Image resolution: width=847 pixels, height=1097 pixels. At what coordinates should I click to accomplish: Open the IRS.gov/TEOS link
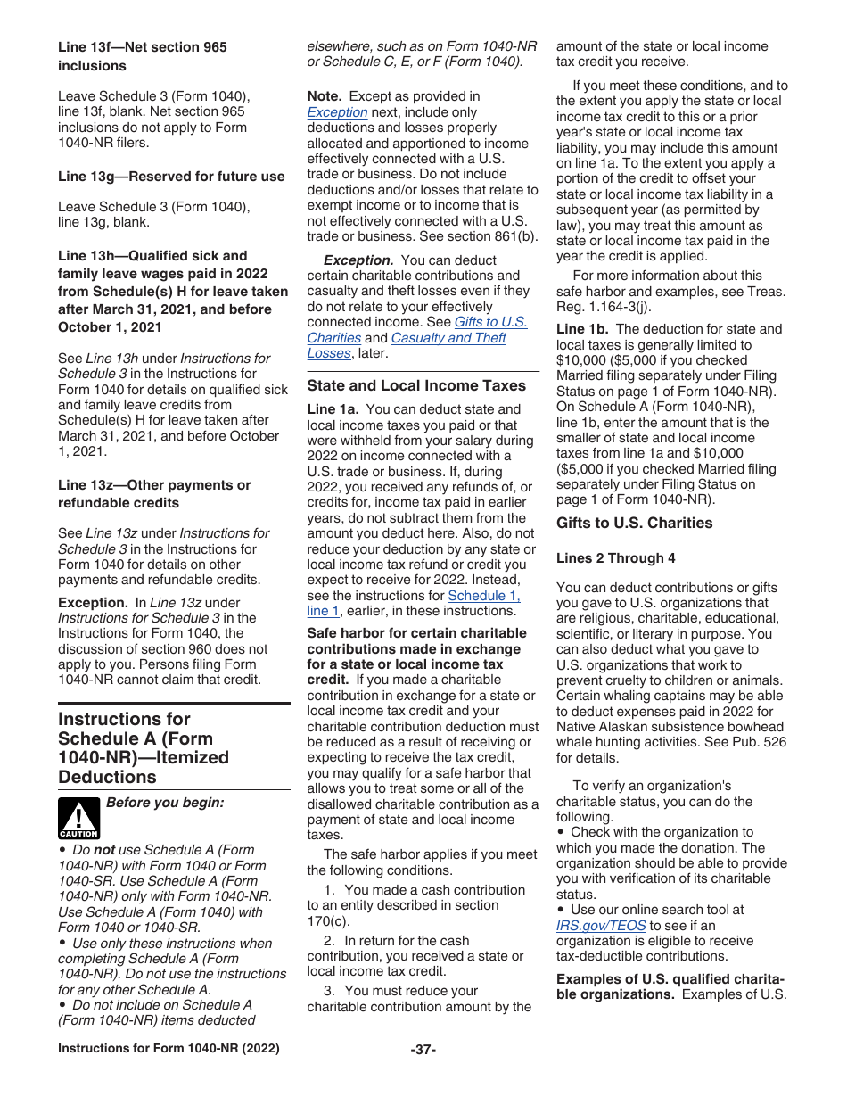[x=600, y=926]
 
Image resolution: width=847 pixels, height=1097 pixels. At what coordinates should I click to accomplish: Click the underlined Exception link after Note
[x=337, y=112]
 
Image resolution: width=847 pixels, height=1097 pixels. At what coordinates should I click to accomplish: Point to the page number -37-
[x=423, y=1049]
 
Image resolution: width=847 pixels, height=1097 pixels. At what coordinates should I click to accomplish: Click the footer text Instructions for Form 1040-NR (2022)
[x=169, y=1049]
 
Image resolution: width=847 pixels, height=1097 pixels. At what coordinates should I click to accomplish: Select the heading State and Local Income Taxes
[x=416, y=385]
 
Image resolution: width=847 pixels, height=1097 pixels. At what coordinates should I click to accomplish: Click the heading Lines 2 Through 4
[x=615, y=558]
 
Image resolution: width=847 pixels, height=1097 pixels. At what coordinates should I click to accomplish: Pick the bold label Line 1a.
[x=333, y=409]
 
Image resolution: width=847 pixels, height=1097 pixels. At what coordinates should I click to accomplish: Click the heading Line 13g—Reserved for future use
[x=171, y=177]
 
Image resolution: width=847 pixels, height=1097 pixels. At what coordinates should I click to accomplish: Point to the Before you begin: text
[x=165, y=803]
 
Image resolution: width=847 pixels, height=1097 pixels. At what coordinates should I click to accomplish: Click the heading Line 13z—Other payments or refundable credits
[x=154, y=494]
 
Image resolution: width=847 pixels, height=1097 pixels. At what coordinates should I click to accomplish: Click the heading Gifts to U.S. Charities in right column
[x=634, y=523]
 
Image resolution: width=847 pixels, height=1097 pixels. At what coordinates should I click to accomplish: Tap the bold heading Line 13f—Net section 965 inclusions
[x=143, y=56]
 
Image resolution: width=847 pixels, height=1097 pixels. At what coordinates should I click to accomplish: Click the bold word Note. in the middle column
[x=325, y=96]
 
